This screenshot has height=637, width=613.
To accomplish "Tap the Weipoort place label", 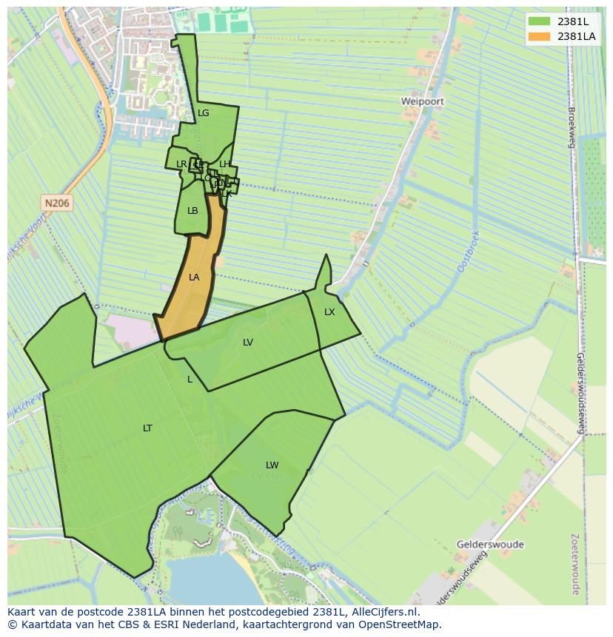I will pyautogui.click(x=422, y=101).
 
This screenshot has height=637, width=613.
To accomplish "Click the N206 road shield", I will pyautogui.click(x=57, y=203).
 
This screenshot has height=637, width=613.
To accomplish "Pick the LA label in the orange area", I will pyautogui.click(x=194, y=277).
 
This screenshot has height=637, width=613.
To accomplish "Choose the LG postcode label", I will pyautogui.click(x=204, y=113).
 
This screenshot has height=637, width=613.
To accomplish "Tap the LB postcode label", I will pyautogui.click(x=192, y=211).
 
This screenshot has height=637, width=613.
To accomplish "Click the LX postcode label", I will pyautogui.click(x=329, y=312).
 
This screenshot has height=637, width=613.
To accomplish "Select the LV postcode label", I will pyautogui.click(x=248, y=343).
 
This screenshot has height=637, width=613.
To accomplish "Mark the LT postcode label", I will pyautogui.click(x=147, y=428).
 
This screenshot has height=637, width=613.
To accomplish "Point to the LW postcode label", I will pyautogui.click(x=272, y=465).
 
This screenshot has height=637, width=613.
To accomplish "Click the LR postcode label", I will pyautogui.click(x=181, y=164).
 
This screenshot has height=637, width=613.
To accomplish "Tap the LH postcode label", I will pyautogui.click(x=225, y=164).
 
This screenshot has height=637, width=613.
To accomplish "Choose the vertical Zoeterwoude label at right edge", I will pyautogui.click(x=575, y=564).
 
